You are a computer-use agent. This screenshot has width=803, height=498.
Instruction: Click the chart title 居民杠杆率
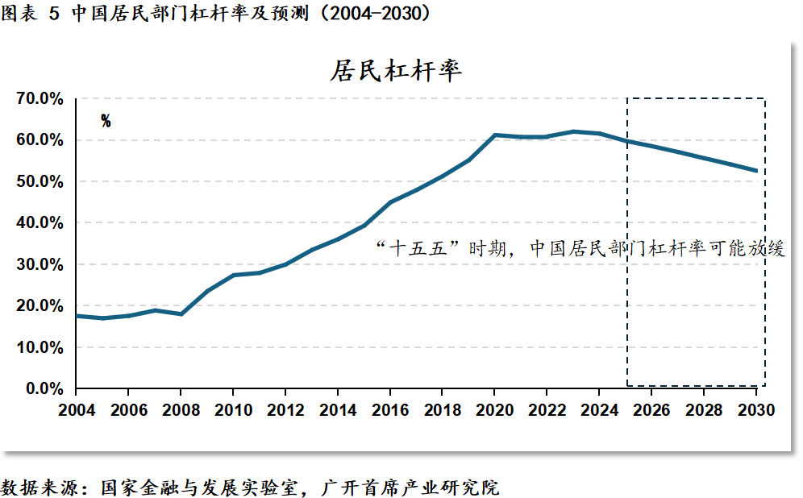395,70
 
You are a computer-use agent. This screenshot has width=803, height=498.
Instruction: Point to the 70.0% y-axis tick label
39,98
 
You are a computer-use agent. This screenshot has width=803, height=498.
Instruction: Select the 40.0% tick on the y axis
39,222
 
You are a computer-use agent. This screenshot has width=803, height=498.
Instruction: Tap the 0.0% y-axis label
42,388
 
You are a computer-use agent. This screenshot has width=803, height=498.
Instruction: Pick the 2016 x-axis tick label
389,410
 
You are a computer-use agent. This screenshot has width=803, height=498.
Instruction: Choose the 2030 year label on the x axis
756,410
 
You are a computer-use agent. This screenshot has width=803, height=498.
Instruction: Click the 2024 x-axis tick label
599,410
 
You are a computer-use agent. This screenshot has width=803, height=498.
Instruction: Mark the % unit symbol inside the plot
106,121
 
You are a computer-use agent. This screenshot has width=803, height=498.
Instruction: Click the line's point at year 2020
494,135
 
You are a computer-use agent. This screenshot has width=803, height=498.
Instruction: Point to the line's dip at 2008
181,313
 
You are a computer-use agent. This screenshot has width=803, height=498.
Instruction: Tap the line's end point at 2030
756,170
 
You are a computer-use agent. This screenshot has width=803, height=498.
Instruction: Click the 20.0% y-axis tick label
39,305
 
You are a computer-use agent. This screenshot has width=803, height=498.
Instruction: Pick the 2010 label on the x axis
232,410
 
